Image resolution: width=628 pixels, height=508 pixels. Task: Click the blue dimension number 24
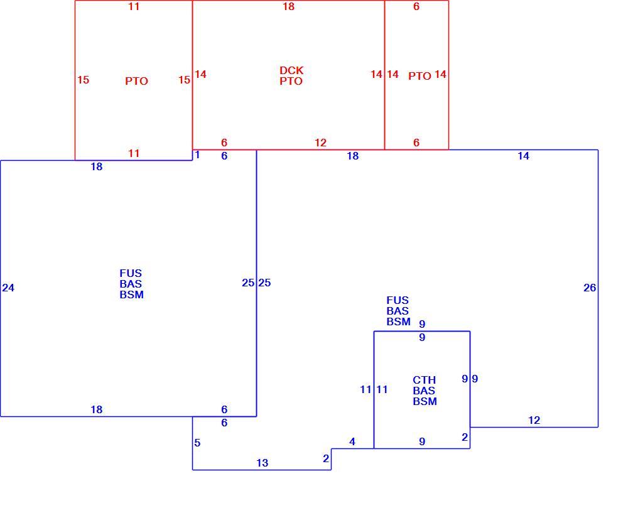click(8, 288)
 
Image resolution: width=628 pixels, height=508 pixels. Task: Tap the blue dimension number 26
click(590, 288)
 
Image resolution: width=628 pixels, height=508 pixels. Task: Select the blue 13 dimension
click(263, 463)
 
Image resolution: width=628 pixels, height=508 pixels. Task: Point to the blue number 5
click(197, 443)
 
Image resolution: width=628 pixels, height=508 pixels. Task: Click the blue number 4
click(352, 442)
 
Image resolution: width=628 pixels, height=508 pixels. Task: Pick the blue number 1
click(197, 155)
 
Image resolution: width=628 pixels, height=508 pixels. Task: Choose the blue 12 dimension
click(534, 420)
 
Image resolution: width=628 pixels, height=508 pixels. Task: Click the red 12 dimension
click(320, 143)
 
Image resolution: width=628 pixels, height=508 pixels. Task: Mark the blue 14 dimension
click(524, 156)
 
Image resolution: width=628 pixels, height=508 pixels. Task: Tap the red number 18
click(288, 7)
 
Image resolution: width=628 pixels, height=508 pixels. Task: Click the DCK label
click(291, 71)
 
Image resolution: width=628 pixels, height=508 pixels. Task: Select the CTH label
click(425, 381)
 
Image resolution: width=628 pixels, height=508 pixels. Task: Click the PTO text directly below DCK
click(291, 81)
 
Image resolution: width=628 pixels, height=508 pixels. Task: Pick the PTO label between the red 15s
click(136, 81)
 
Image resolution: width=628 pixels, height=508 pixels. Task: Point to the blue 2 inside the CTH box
click(465, 438)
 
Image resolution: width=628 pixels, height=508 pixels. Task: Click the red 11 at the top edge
click(134, 7)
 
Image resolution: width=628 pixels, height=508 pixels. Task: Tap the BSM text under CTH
click(425, 401)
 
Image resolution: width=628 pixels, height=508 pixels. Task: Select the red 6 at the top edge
click(416, 7)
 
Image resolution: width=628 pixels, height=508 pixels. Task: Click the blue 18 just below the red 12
click(353, 156)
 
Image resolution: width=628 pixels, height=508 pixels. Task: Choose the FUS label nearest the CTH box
click(398, 301)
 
